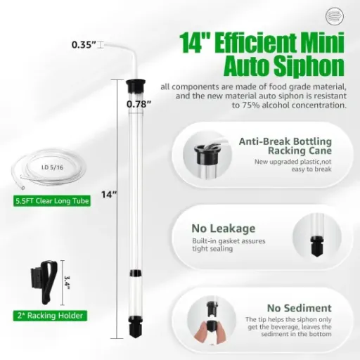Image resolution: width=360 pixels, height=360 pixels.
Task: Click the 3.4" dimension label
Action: coord(68,281)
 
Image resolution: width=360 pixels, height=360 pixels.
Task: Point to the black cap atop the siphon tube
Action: coord(131,86)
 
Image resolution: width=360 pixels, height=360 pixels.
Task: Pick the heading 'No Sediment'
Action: coord(299,308)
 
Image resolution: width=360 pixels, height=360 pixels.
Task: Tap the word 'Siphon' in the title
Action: coord(309,67)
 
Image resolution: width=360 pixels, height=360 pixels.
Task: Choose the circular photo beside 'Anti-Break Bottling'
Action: coord(210,152)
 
